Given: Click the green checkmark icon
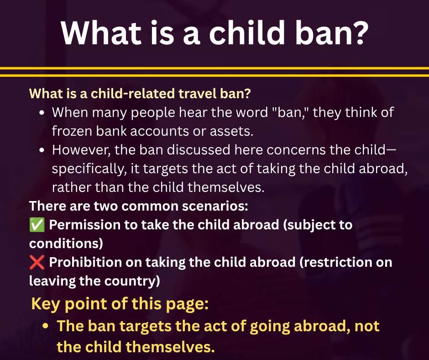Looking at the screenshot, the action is click(37, 225).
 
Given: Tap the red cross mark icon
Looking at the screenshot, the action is click(37, 262).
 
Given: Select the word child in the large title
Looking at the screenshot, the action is click(247, 32).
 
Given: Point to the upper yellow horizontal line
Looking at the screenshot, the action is click(214, 68).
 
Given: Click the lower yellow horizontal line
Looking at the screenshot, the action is click(214, 75).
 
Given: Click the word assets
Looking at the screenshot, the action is click(231, 131).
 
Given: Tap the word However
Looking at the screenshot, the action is click(81, 150).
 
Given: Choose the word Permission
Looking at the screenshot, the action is click(85, 225).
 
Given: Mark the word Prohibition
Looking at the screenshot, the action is click(86, 262).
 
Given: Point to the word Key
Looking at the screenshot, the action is click(46, 304).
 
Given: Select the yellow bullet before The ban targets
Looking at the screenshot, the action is click(46, 326).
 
